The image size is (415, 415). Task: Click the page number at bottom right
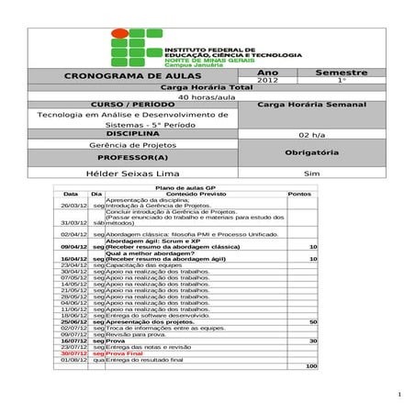pos(400,396)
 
